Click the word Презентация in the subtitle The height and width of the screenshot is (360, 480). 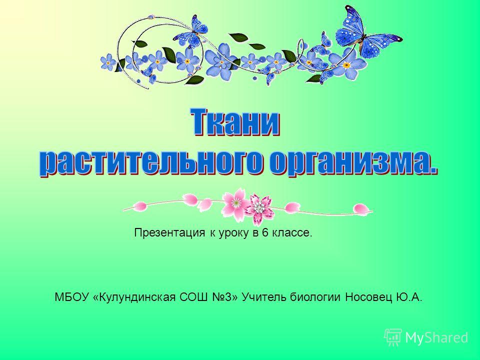(169, 233)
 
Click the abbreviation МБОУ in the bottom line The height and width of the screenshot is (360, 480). (72, 296)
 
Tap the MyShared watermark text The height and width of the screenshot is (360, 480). (436, 337)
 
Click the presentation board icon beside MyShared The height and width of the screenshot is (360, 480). (393, 337)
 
